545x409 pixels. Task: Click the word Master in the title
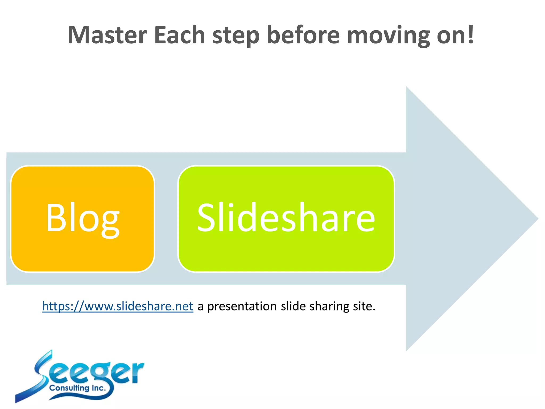pos(107,35)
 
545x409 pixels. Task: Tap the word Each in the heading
pos(179,35)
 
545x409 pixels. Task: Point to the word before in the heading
pos(303,35)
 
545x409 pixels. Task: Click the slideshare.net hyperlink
pos(118,306)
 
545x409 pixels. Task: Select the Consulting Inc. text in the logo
pos(77,388)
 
